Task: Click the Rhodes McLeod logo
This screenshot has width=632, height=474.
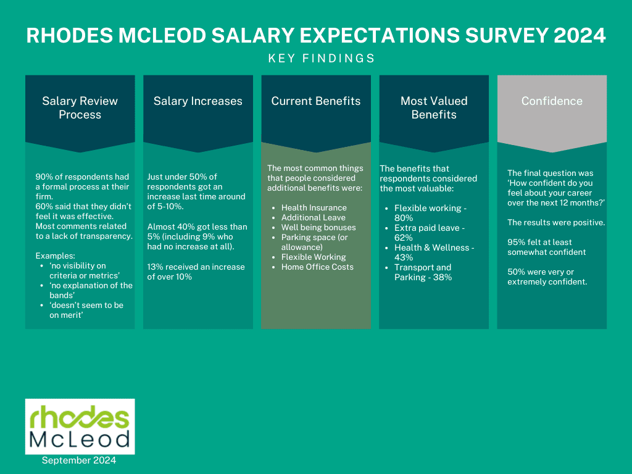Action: pyautogui.click(x=80, y=426)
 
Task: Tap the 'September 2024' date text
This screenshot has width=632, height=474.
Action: pyautogui.click(x=79, y=460)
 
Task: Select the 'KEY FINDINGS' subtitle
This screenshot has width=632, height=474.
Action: pyautogui.click(x=322, y=58)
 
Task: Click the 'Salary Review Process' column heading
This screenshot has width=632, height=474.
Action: pyautogui.click(x=80, y=107)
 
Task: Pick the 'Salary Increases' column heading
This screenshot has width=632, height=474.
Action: pyautogui.click(x=197, y=101)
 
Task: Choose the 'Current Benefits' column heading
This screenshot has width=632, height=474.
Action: pyautogui.click(x=316, y=101)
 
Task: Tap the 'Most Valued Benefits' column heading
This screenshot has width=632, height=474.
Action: pyautogui.click(x=434, y=107)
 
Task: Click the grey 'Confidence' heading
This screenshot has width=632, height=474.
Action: pyautogui.click(x=552, y=101)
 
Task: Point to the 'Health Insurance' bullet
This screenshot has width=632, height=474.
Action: pyautogui.click(x=314, y=208)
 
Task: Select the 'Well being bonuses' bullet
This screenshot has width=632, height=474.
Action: pyautogui.click(x=318, y=228)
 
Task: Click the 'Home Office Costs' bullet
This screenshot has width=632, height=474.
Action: pyautogui.click(x=317, y=267)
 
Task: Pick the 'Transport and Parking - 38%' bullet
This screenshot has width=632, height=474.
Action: pyautogui.click(x=423, y=272)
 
